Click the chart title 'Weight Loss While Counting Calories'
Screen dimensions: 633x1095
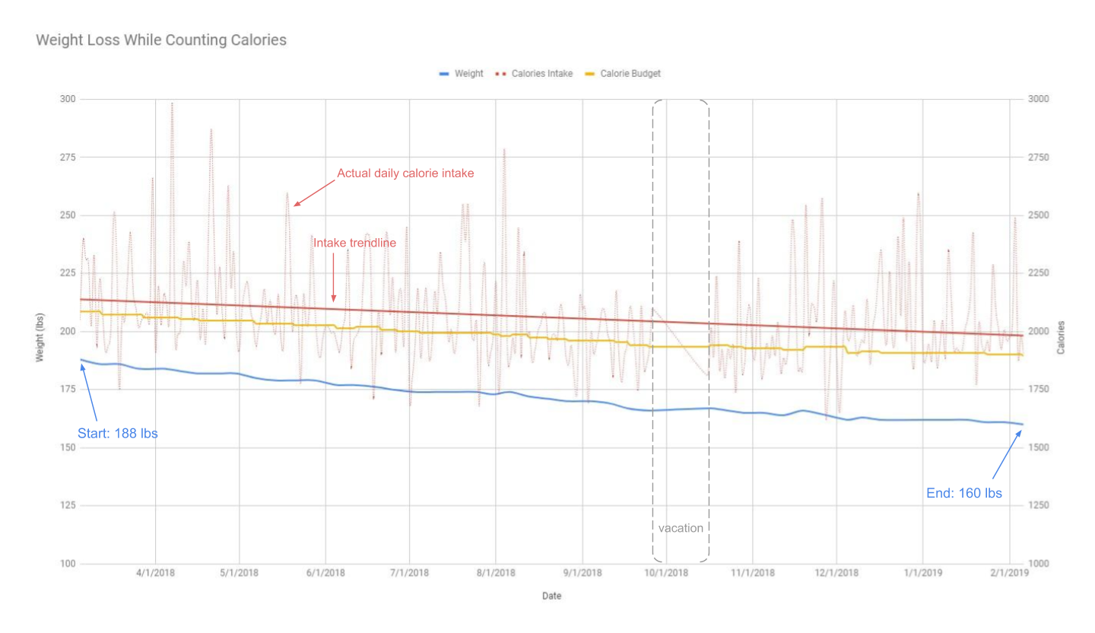coord(161,40)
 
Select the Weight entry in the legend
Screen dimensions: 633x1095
coord(462,74)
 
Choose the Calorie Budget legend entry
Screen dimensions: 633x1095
coord(623,74)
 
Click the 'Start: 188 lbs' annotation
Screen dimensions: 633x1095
coord(118,434)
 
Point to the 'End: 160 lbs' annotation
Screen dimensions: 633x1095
coord(963,493)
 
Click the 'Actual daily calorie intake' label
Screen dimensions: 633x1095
coord(405,173)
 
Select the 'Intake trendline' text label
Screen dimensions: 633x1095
coord(354,243)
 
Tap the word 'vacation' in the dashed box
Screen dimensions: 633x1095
coord(681,528)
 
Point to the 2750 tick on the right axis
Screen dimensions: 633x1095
coord(1038,157)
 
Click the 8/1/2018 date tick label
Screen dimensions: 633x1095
coord(497,573)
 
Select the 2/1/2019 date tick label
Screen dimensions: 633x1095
coord(1009,573)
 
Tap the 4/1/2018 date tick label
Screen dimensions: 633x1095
coord(155,573)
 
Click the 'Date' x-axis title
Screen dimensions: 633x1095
coord(551,596)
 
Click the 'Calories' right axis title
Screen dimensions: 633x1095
coord(1061,337)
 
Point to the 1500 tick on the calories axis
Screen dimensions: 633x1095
coord(1038,447)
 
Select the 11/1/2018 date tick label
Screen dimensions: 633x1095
coord(752,573)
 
